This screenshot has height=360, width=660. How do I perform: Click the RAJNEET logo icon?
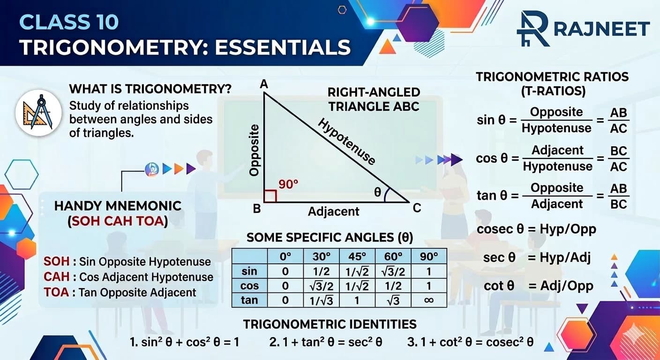pos(532,29)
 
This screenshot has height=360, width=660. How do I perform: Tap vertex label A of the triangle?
pos(264,84)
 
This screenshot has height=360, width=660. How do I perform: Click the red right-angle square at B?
pos(270,196)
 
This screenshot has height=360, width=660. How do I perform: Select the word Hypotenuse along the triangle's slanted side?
pos(347,142)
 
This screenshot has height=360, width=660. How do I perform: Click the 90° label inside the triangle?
pos(288,184)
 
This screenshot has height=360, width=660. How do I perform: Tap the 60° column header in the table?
pos(393,256)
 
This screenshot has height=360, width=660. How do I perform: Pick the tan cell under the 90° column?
pos(428,300)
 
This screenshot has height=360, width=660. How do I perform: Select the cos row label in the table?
pos(249,285)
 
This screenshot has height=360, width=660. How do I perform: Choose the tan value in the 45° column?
pos(357,300)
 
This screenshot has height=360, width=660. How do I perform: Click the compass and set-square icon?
pos(38,112)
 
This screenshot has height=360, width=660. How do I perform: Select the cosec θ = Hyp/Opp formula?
pos(536,229)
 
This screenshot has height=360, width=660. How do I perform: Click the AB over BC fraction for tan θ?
pos(619,196)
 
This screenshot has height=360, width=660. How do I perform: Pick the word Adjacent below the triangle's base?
pos(333,211)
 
